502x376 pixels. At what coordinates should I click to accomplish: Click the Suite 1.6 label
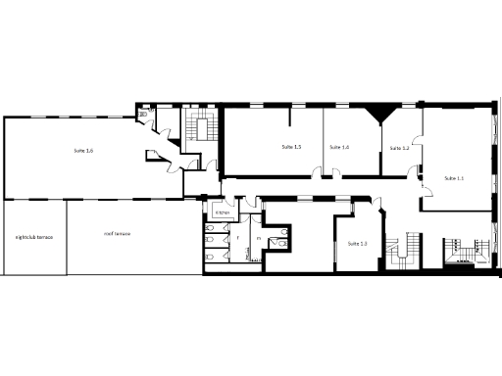[x=83, y=150]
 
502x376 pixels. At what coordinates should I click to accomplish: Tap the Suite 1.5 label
[x=291, y=146]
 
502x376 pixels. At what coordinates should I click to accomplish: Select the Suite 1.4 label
[x=339, y=146]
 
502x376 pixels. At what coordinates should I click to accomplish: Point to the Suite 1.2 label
[x=399, y=148]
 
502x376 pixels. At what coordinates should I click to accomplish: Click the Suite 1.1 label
[x=453, y=178]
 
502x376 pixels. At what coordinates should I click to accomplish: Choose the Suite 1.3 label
[x=358, y=243]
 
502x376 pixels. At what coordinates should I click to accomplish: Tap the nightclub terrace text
[x=33, y=237]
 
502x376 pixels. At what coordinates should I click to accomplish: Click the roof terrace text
[x=118, y=234]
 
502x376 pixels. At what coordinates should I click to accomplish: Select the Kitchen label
[x=223, y=211]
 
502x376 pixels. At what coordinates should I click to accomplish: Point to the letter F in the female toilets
[x=238, y=237]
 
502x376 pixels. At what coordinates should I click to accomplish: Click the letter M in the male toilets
[x=259, y=237]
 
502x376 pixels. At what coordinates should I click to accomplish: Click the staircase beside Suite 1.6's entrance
[x=204, y=126]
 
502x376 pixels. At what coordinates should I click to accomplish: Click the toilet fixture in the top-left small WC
[x=144, y=115]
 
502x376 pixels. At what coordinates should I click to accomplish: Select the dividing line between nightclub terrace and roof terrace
[x=66, y=237]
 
